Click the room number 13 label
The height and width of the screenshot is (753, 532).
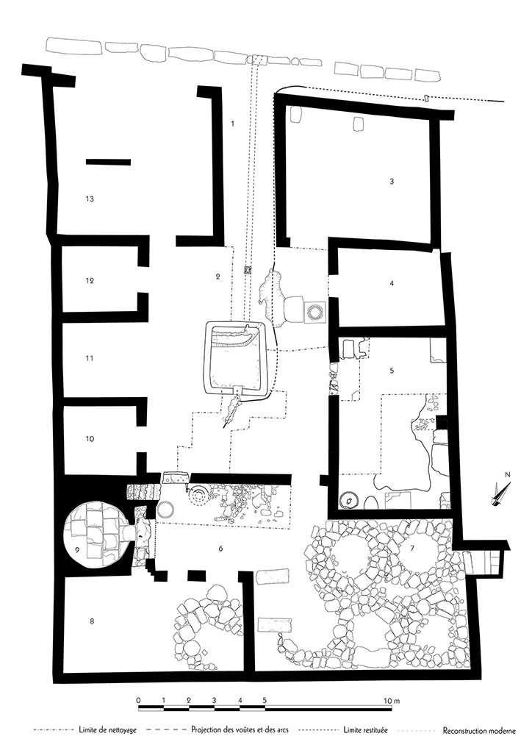click(90, 199)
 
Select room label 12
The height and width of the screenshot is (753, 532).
click(90, 281)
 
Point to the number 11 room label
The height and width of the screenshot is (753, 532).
click(90, 359)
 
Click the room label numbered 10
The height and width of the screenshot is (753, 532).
click(90, 439)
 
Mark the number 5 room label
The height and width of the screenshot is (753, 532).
click(392, 371)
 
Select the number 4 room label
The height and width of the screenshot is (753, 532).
click(392, 282)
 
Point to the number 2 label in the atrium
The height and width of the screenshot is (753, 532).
click(218, 276)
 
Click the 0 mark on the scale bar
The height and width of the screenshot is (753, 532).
click(139, 700)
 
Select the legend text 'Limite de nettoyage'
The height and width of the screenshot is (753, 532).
click(106, 731)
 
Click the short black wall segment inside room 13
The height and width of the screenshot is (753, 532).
click(108, 162)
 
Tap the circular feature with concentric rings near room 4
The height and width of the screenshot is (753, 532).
click(316, 312)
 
